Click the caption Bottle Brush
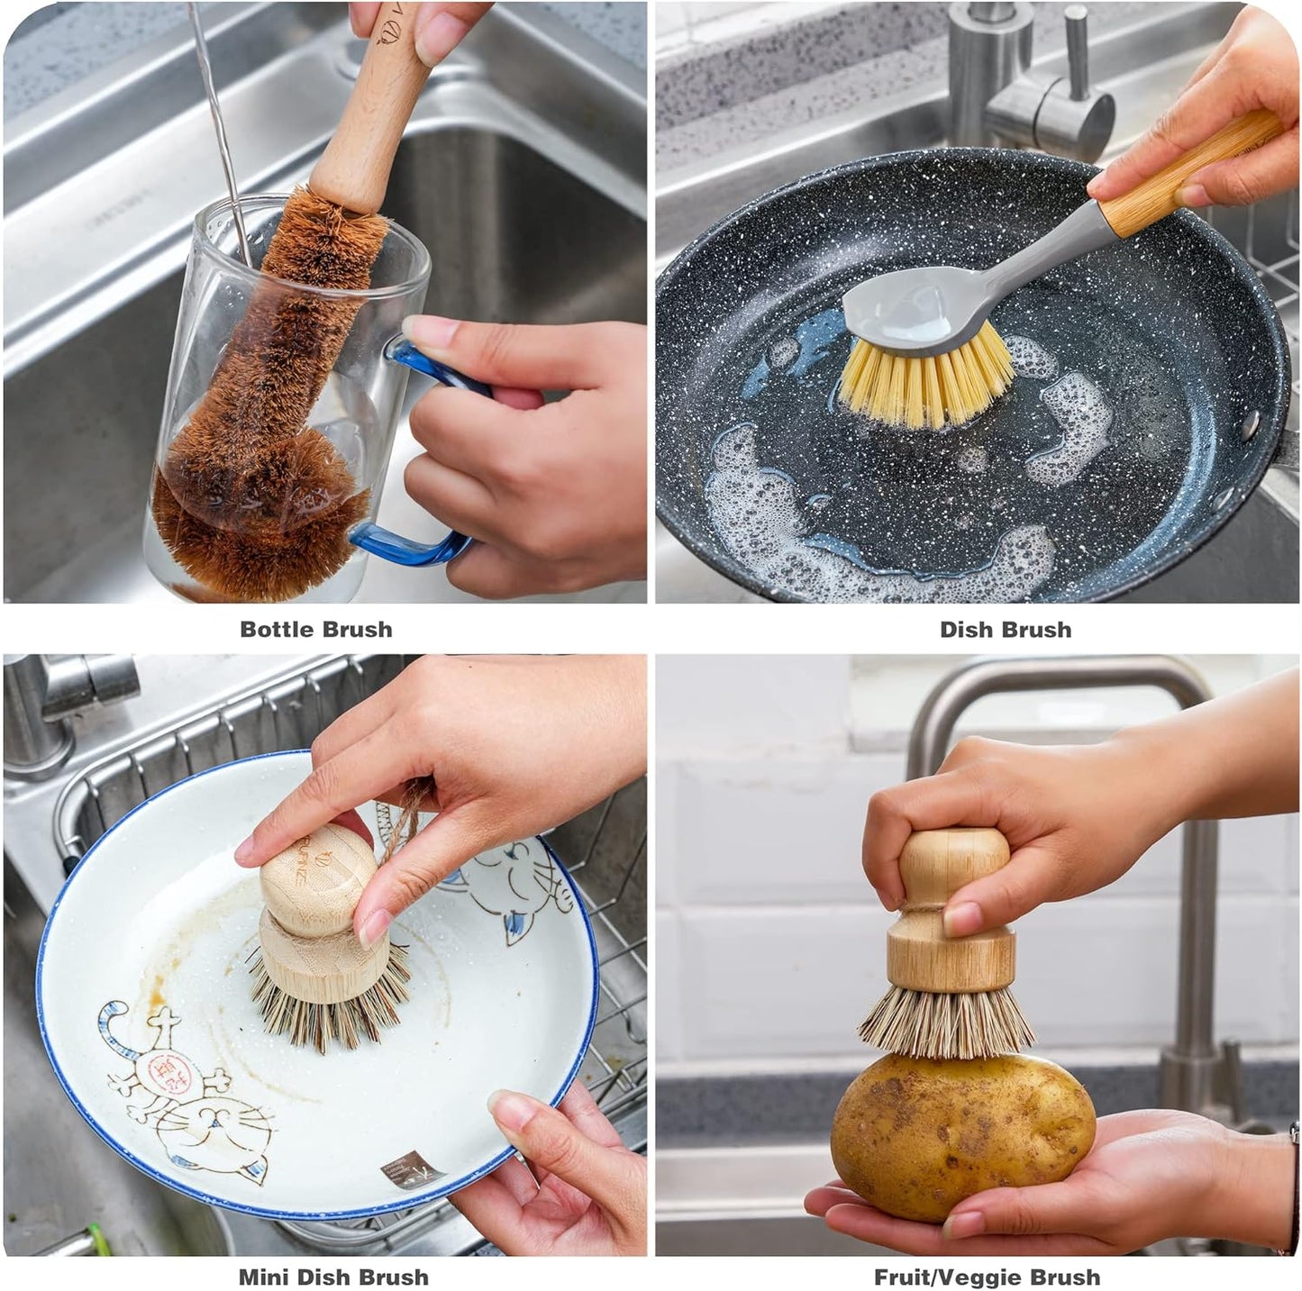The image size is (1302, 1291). click(x=315, y=629)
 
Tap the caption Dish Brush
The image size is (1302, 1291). click(x=1006, y=629)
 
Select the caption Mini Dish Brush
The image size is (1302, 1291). click(x=333, y=1277)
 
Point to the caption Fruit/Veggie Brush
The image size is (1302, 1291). click(x=987, y=1277)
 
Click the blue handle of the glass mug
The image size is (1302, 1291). click(x=423, y=541)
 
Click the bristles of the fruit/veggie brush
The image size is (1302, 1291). click(x=946, y=1023)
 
